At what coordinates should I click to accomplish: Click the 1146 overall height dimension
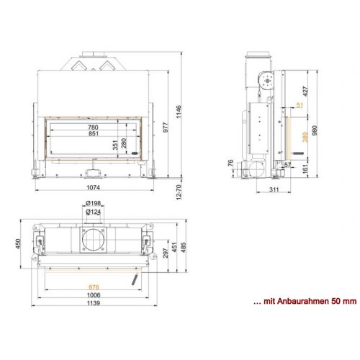179,112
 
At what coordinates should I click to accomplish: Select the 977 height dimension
166,127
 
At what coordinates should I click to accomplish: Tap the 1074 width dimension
93,187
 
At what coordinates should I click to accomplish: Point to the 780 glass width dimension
93,127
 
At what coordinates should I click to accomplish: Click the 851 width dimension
94,133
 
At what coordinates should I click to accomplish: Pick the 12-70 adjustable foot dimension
179,192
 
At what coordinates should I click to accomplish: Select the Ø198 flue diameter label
94,203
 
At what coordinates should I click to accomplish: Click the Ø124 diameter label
94,212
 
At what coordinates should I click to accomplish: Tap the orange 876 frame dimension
94,287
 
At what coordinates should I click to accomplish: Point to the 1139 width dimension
94,303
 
